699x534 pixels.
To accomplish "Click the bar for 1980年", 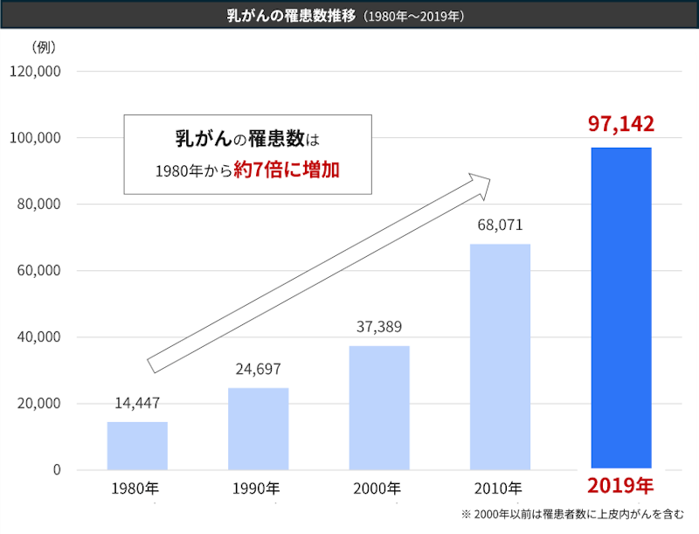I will [x=137, y=446].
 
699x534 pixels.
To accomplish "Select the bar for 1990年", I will [x=258, y=428].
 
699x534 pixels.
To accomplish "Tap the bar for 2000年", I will [x=379, y=407].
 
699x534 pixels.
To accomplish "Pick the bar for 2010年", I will [x=500, y=357].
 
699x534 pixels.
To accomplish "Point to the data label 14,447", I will [x=137, y=403].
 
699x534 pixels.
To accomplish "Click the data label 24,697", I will [x=258, y=369].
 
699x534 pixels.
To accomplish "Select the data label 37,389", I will [x=379, y=327].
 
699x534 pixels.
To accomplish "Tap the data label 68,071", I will [x=500, y=225].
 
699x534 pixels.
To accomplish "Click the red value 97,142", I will [x=621, y=123].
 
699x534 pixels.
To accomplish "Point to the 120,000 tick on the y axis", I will [x=34, y=72].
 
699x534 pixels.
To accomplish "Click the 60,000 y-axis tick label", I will [x=38, y=271].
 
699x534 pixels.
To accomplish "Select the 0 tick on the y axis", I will [x=56, y=470].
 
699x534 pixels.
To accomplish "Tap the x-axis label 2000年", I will [x=378, y=488].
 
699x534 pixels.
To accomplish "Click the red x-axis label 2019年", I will [x=620, y=486].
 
